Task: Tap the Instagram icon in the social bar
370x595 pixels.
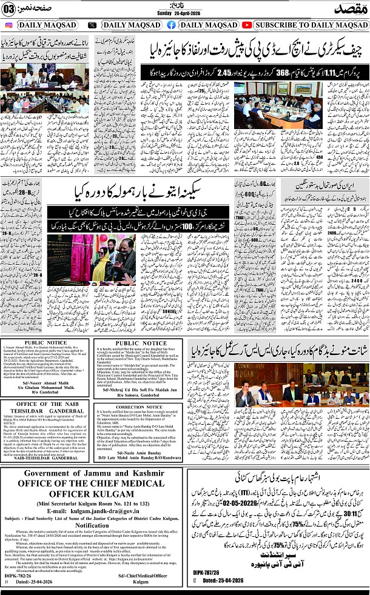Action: point(10,25)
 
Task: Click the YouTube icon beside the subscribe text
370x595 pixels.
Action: point(247,25)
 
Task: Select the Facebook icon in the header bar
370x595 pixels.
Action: point(171,25)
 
